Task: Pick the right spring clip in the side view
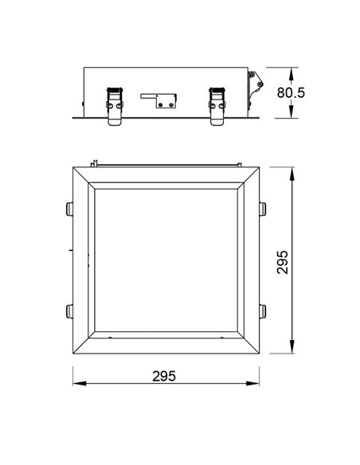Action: [x=216, y=104]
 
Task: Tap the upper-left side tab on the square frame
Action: [x=66, y=209]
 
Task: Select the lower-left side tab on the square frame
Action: [x=66, y=311]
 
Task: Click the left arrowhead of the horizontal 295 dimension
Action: [x=77, y=384]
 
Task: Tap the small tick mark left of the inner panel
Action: [x=71, y=250]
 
